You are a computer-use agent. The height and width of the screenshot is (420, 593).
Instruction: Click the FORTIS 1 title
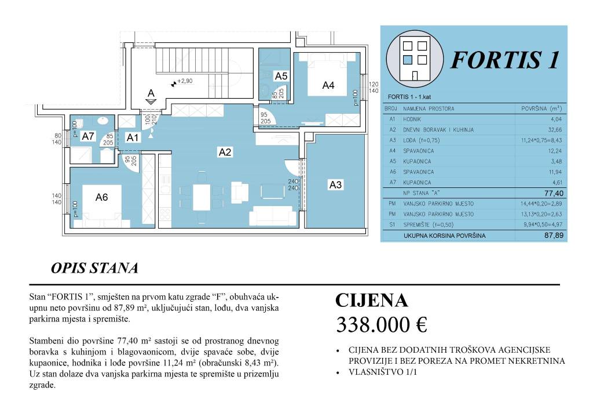[505, 60]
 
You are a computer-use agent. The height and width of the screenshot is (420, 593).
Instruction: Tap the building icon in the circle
[413, 56]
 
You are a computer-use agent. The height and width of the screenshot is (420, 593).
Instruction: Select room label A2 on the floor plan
[225, 153]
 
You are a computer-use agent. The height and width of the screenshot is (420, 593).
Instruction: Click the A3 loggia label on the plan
[335, 185]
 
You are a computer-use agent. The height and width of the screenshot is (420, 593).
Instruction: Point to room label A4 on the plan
[328, 85]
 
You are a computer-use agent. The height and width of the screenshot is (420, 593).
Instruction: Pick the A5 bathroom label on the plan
[281, 76]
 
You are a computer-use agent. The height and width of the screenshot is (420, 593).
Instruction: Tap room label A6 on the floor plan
[101, 197]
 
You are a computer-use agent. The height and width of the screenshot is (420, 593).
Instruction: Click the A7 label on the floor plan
[88, 137]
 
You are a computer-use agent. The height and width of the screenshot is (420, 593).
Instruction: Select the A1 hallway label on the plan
[133, 137]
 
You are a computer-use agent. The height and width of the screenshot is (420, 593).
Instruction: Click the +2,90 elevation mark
[184, 82]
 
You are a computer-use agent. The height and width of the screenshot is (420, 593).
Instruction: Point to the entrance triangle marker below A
[151, 102]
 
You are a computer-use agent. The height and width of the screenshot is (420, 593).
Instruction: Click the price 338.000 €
[381, 325]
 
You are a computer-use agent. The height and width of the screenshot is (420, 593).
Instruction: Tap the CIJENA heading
[372, 300]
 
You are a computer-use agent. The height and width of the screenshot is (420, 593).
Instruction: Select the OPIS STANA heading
[94, 269]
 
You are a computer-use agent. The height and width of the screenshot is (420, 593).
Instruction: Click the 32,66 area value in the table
[554, 130]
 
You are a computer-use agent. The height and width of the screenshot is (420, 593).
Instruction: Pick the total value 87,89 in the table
[554, 236]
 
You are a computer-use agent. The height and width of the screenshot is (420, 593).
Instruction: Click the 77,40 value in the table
[554, 193]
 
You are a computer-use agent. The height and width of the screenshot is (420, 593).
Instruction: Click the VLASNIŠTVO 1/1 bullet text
[382, 372]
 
